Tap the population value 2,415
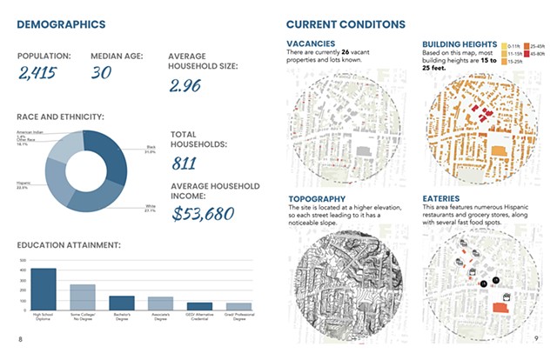(37, 72)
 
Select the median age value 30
(101, 72)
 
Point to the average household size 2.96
(191, 85)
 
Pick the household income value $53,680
(204, 213)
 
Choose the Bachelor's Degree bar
(121, 303)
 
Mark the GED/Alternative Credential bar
(199, 306)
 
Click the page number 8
(20, 338)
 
